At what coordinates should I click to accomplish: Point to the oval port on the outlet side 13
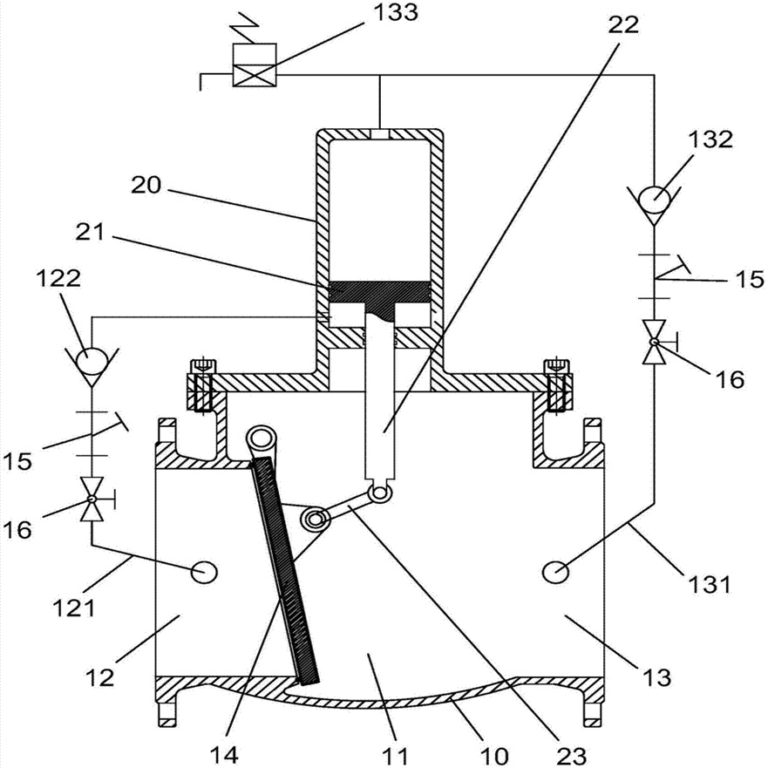(556, 571)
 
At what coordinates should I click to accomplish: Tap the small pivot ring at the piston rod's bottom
(377, 493)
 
